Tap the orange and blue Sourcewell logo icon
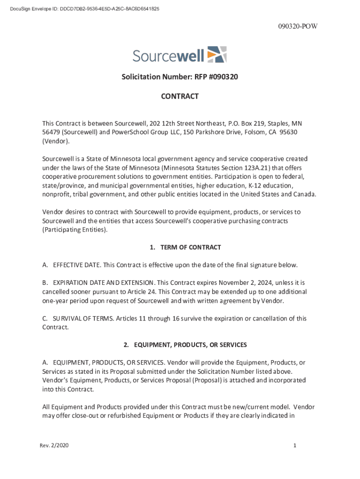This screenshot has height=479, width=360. coord(216,55)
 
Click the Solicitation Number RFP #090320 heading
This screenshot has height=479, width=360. coord(180,77)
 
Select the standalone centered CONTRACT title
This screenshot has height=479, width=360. coord(180,96)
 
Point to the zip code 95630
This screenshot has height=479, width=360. coord(288,132)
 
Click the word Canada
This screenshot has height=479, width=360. coord(305,195)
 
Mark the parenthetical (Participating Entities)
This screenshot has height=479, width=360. coord(74,230)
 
